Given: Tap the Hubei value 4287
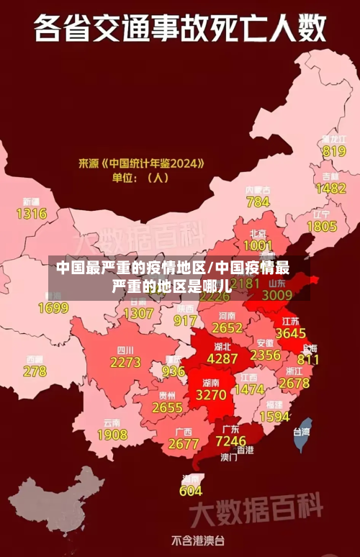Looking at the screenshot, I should point(222,358).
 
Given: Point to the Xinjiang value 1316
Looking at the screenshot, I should point(31,214).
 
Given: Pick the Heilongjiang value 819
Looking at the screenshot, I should point(333,151).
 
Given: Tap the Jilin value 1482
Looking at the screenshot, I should point(330,189).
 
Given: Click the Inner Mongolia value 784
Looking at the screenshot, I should point(258,202).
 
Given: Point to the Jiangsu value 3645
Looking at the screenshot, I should point(291,333).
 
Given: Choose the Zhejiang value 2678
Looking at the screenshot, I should point(294,384).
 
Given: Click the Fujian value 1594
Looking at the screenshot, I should point(274,417).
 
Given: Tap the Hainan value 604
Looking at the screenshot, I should point(191,491).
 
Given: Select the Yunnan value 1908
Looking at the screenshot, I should point(112,435).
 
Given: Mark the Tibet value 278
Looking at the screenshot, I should point(35,371).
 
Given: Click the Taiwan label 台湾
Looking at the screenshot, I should point(301,433).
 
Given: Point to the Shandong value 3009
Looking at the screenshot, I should point(276,294).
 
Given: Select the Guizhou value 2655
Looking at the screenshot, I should point(168,407).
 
